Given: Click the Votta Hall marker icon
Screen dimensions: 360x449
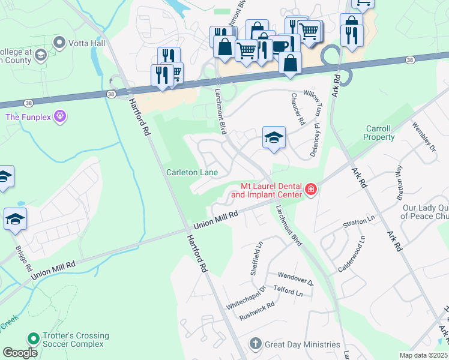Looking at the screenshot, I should (x=59, y=43).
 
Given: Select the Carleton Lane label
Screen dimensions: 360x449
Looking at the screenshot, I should (x=191, y=173).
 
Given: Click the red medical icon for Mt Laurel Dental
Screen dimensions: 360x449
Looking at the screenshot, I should (x=310, y=190).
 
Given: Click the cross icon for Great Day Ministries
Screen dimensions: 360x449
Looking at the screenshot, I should (x=255, y=344).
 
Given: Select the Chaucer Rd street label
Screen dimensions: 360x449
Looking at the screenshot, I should (x=298, y=109).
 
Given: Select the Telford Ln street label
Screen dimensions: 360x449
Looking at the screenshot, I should (x=288, y=292).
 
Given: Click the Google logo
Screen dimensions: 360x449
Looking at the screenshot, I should (x=20, y=353).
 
